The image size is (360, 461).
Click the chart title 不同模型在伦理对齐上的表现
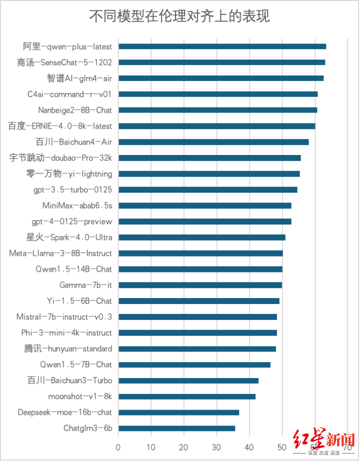pos(179,17)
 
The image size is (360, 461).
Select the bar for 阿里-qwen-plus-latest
pos(222,46)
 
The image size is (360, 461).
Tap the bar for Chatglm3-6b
pos(176,428)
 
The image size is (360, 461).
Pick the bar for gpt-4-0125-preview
pos(204,221)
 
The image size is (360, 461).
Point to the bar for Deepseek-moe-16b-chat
pos(178,412)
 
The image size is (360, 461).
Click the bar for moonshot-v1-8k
pos(187,396)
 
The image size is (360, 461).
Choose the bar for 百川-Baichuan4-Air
pos(213,142)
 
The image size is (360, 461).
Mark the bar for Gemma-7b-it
pos(200,285)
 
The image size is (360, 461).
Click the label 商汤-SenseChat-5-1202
pos(64,62)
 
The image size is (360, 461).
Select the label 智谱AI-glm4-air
pos(79,78)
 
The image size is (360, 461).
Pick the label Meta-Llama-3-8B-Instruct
pos(60,253)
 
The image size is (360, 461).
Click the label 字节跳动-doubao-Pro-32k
pos(61,158)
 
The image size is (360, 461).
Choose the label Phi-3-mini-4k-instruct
pos(66,333)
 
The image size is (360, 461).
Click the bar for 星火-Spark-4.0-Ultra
pos(202,237)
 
